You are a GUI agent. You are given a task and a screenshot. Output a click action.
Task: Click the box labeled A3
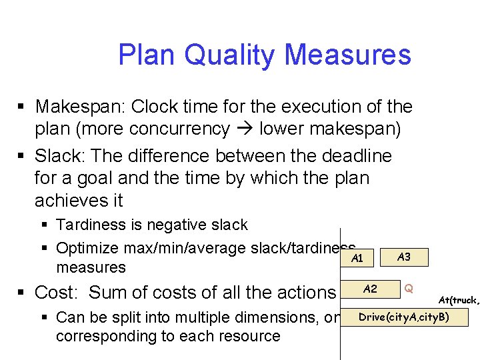click(x=403, y=257)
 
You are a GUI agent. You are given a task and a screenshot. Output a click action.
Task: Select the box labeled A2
click(x=370, y=289)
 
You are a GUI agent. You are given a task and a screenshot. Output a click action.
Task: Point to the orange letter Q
click(x=409, y=289)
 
